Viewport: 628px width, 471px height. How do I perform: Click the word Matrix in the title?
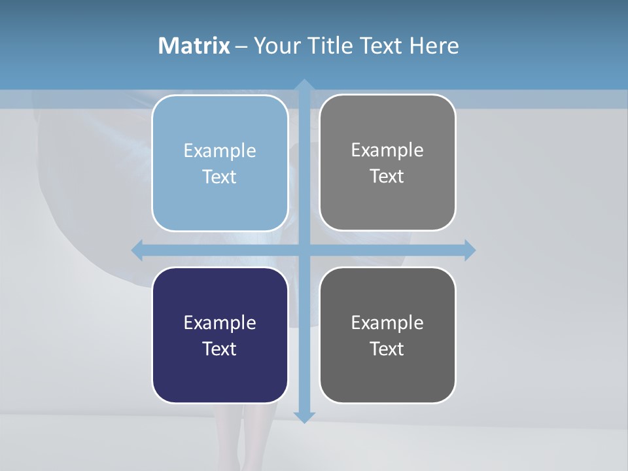coord(194,46)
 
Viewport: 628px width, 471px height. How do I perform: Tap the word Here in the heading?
coord(434,46)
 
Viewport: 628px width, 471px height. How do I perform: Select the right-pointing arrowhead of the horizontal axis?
coord(470,250)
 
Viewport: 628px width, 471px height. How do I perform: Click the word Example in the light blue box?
coord(220,150)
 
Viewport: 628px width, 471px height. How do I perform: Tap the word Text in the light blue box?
coord(220,177)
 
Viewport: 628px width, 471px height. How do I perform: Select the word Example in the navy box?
coord(220,323)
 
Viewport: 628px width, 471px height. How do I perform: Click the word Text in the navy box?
coord(220,349)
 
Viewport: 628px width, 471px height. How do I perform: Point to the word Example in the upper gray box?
coord(387,150)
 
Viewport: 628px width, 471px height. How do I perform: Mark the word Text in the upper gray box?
coord(387,177)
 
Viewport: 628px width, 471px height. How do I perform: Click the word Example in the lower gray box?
coord(387,323)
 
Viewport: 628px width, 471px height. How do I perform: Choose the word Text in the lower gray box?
coord(387,349)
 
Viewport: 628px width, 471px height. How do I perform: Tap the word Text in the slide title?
coord(382,46)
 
